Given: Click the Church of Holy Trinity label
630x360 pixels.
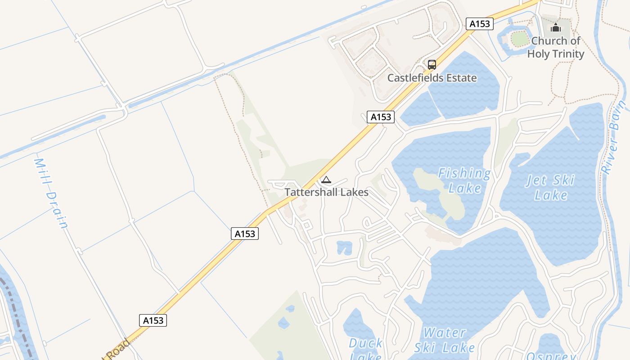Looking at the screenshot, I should [556, 47].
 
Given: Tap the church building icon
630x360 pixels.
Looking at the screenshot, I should [556, 28].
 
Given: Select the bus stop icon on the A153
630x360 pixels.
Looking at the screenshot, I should [432, 64].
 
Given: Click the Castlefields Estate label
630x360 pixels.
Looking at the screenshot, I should [432, 78].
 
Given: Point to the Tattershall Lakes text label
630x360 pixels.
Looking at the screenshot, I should [326, 192].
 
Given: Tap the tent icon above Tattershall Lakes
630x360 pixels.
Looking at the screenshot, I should [326, 180].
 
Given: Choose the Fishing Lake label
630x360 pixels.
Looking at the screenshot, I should [464, 180].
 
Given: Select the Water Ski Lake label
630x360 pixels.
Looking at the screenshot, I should [445, 340].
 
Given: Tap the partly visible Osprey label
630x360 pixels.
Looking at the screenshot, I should [551, 355].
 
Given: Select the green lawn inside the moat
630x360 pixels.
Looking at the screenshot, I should [520, 39].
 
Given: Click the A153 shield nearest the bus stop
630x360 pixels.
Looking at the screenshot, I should [479, 24].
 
